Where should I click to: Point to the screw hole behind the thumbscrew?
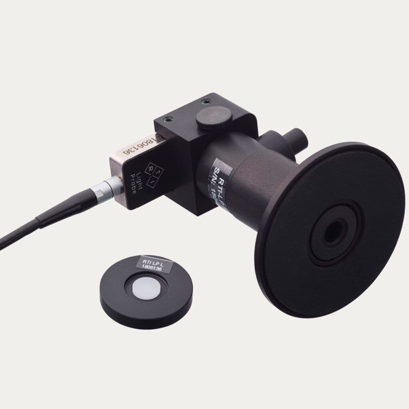[205, 101]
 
